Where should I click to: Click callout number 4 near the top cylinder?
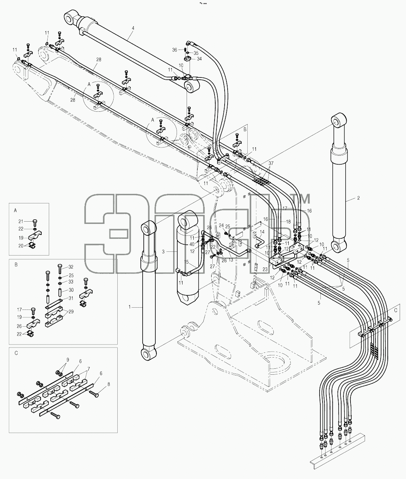click(x=133, y=28)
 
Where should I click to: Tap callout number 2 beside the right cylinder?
click(x=358, y=198)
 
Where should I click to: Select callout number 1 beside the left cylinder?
click(x=130, y=307)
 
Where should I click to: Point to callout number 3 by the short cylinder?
click(x=163, y=252)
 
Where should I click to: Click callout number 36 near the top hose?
click(x=175, y=50)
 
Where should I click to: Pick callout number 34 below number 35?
click(x=199, y=59)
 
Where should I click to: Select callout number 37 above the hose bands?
click(x=271, y=163)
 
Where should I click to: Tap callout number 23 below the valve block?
click(x=265, y=270)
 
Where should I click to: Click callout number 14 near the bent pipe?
click(x=262, y=232)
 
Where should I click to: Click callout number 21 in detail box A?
click(x=21, y=222)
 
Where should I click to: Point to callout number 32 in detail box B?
click(x=71, y=267)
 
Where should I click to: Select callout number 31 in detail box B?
click(x=71, y=298)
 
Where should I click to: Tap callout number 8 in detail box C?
click(x=109, y=384)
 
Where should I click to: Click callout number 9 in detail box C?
click(x=68, y=360)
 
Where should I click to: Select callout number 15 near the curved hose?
click(x=187, y=261)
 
